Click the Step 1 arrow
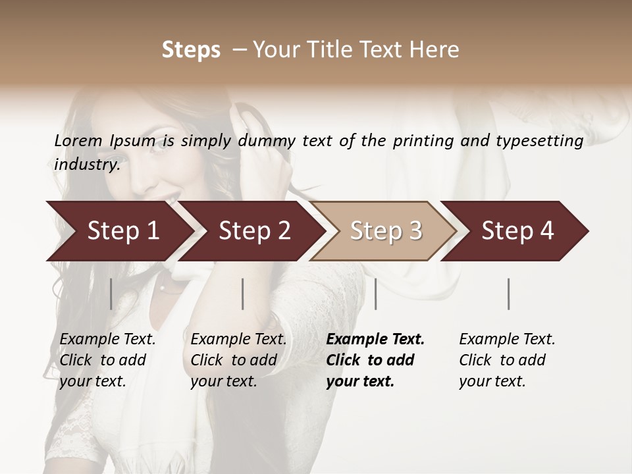click(118, 231)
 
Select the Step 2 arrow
click(253, 231)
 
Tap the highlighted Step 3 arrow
click(385, 231)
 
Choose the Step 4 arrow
click(517, 231)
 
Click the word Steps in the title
click(191, 50)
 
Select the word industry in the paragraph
click(86, 165)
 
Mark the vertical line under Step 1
click(111, 294)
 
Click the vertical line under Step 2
click(243, 294)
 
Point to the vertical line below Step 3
click(375, 294)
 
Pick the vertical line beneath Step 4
click(508, 294)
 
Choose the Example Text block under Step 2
click(238, 360)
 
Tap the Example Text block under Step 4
click(506, 360)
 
